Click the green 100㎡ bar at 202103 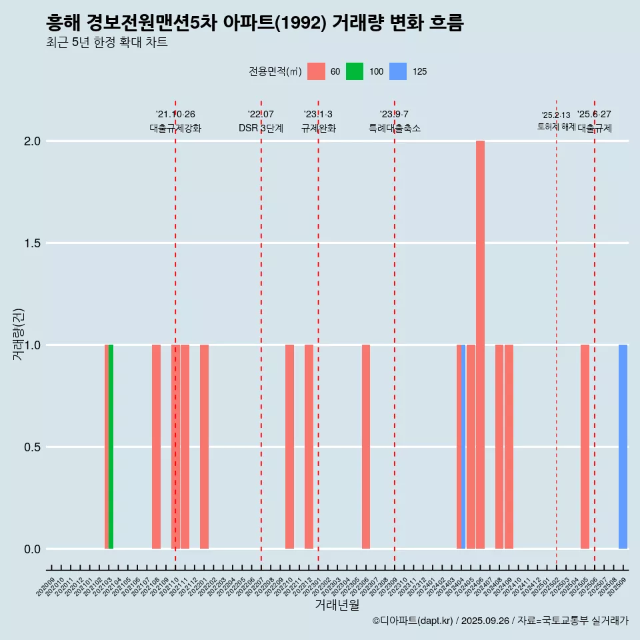point(111,447)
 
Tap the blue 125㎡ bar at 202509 point(623,447)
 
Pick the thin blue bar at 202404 point(463,447)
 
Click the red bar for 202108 point(156,447)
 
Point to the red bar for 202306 point(366,447)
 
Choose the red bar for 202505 point(585,447)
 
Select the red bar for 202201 point(204,447)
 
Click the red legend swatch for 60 point(316,71)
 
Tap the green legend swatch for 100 point(355,71)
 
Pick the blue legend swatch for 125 point(398,71)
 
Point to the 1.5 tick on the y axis point(31,243)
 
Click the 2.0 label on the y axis point(31,141)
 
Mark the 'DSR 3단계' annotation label point(261,128)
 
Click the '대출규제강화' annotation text point(175,128)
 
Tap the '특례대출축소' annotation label point(395,128)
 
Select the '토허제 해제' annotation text point(556,127)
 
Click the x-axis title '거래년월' point(337,605)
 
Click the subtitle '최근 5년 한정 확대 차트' point(107,43)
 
